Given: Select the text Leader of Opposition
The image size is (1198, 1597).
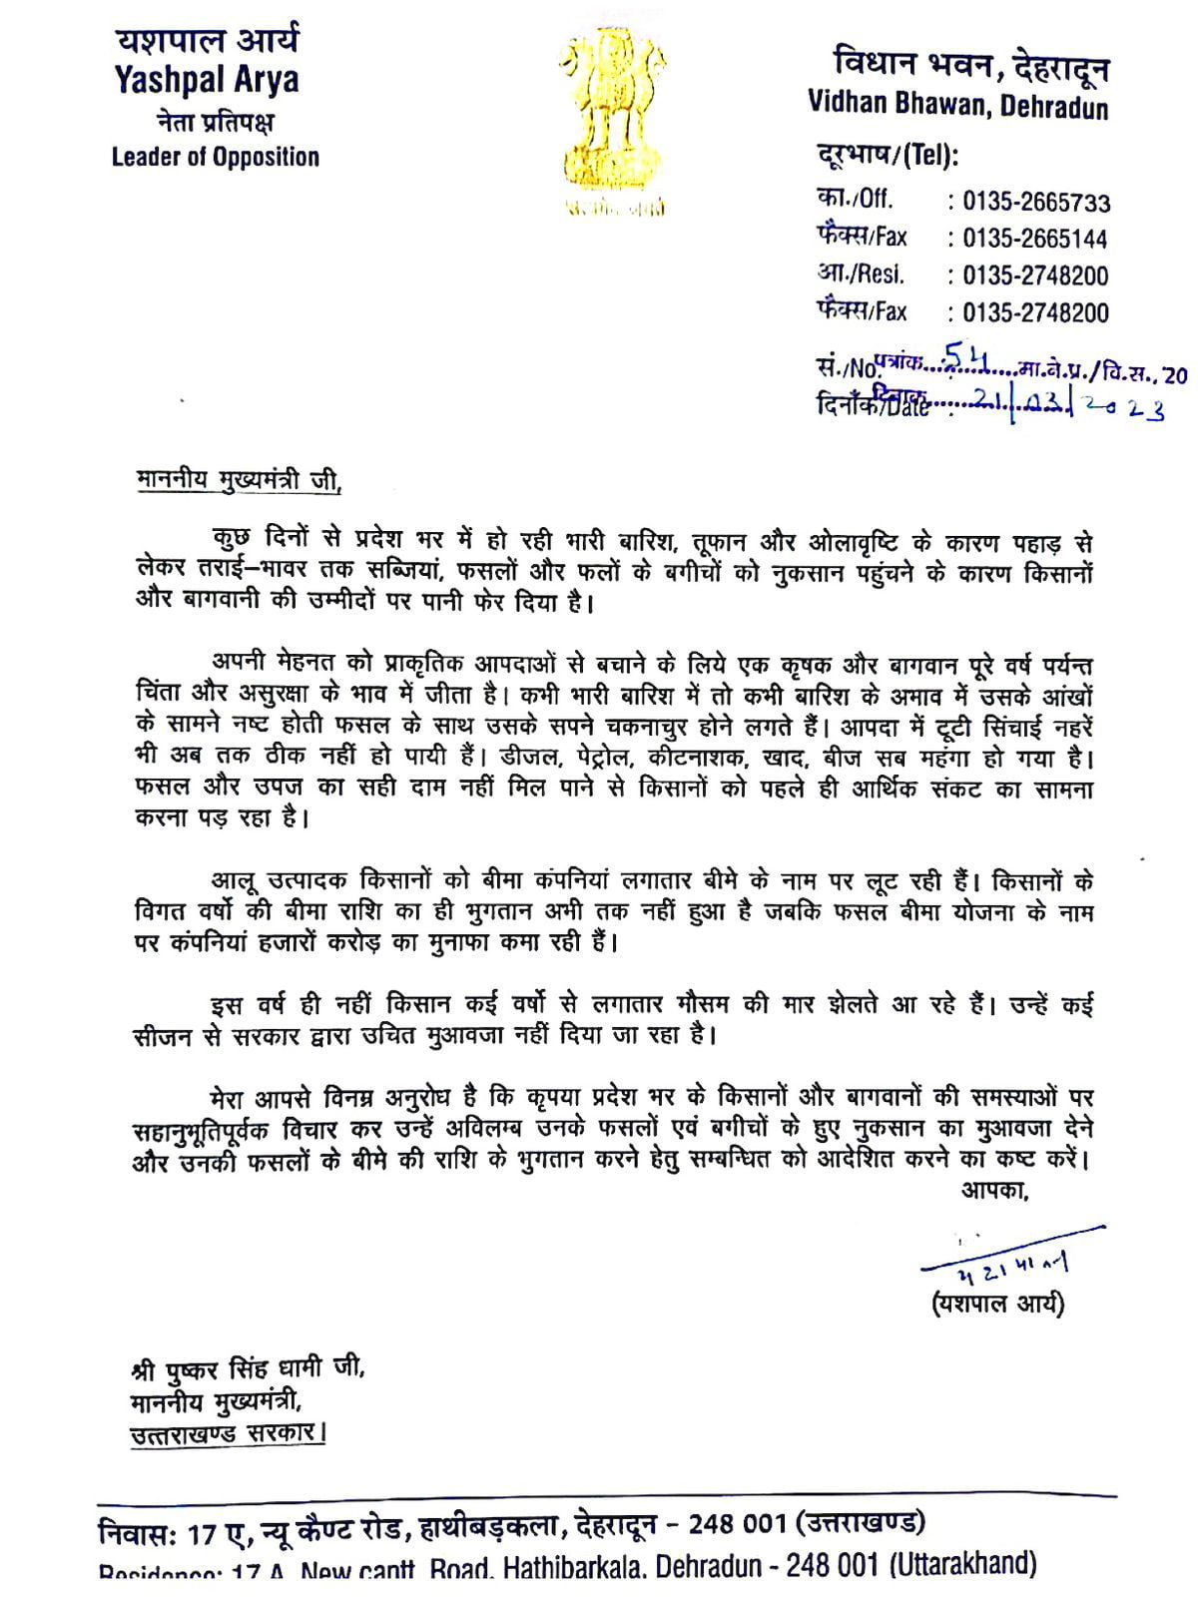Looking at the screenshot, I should [215, 157].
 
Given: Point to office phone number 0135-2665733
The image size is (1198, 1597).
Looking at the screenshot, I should [1035, 203].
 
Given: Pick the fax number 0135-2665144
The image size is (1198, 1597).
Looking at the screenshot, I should [1035, 240].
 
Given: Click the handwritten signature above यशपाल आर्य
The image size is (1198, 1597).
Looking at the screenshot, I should [1008, 1262].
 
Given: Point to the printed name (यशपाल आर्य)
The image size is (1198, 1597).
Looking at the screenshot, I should [998, 1304].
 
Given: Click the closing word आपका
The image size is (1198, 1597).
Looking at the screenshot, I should [994, 1190].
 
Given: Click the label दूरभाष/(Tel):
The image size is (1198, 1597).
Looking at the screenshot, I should [888, 157].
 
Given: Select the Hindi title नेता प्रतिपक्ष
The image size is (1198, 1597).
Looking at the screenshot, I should [215, 122].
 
